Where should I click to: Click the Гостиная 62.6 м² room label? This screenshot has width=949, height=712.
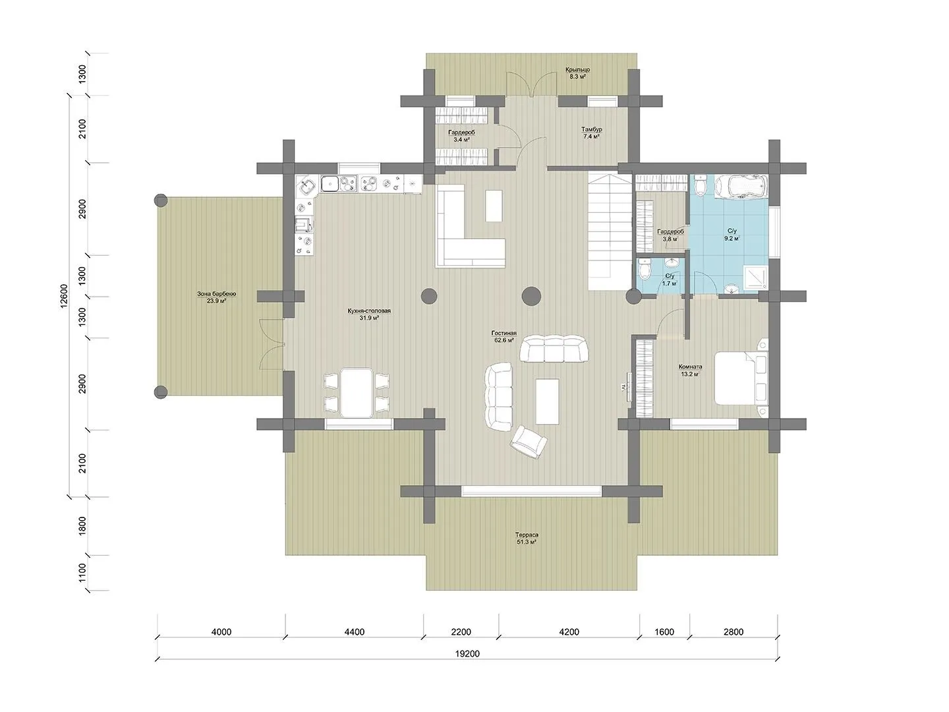pos(503,336)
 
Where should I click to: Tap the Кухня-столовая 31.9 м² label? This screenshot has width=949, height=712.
pos(369,314)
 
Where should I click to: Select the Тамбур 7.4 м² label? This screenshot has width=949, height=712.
pos(591,133)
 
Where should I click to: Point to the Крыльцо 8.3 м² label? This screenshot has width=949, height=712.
pos(577,73)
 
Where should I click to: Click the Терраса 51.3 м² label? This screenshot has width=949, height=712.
pos(526,538)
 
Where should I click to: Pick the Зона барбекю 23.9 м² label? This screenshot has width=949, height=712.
pos(216,297)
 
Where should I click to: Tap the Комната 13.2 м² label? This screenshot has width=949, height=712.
pos(691,371)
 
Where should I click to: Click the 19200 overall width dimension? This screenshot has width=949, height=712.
pos(467,653)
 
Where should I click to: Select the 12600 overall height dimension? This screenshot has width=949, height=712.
pos(64,296)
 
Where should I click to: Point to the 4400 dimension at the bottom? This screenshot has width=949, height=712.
pos(354,632)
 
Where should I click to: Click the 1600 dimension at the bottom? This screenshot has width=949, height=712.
pos(664,632)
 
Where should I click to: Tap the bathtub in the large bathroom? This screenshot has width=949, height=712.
pos(741,186)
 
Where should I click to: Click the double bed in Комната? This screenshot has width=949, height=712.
pos(741,378)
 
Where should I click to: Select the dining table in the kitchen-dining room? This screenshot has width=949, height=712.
pos(357,392)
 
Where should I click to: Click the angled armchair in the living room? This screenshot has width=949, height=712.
pos(529,442)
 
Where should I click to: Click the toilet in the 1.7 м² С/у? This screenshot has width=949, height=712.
pos(645,270)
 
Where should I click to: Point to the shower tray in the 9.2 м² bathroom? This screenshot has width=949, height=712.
pos(755,278)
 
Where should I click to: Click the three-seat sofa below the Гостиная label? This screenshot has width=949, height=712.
pos(554,349)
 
